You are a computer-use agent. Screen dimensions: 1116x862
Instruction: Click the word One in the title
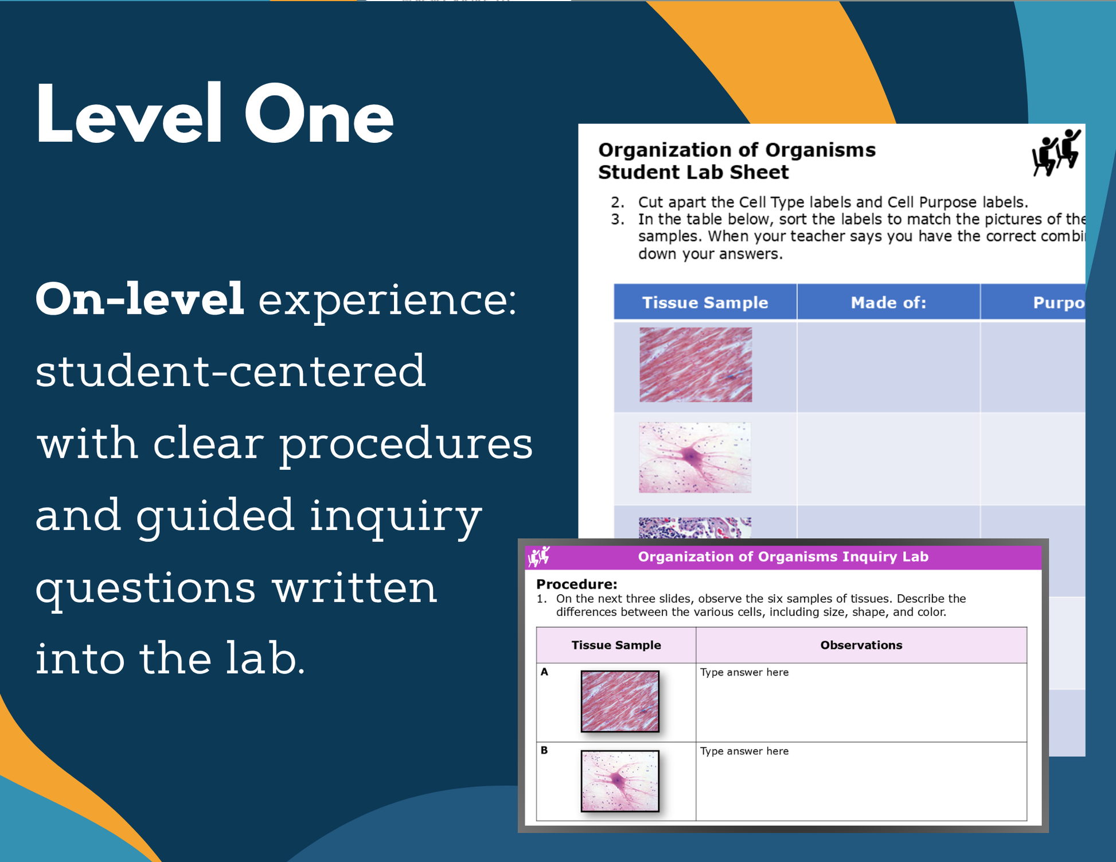click(319, 114)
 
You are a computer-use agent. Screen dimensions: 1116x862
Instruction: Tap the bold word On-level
click(140, 299)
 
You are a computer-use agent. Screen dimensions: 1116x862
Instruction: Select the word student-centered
click(231, 371)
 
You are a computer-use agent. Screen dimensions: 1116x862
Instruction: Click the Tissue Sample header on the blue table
click(705, 302)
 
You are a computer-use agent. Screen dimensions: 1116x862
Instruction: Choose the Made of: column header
click(888, 302)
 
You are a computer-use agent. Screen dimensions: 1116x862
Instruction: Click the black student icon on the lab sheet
click(1056, 153)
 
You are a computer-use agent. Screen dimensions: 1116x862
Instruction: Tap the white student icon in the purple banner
click(539, 556)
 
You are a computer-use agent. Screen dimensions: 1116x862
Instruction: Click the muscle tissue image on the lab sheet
click(696, 365)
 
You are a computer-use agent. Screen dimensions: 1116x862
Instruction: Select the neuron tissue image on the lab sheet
click(694, 458)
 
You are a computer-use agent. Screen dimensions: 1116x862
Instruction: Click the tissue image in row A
click(620, 701)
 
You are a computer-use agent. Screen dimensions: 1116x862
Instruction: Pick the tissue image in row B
click(620, 781)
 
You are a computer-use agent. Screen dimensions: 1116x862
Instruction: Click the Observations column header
click(861, 645)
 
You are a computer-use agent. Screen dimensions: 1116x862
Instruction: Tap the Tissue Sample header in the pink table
click(616, 645)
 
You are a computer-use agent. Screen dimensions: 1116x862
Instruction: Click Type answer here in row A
click(744, 672)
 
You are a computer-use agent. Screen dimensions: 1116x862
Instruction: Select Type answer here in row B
click(744, 751)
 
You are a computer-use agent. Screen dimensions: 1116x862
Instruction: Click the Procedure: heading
click(576, 584)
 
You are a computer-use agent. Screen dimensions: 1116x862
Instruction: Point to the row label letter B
click(544, 750)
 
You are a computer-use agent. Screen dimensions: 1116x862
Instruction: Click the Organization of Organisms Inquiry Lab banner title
click(783, 557)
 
